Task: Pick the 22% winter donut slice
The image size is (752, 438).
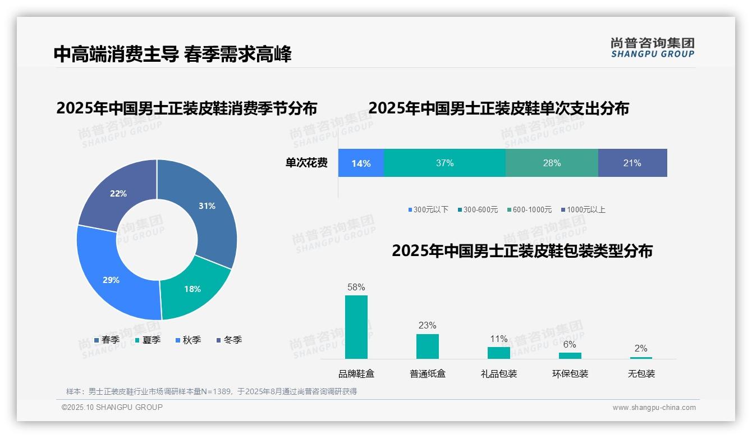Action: (x=118, y=193)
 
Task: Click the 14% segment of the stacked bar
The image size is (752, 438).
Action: (x=361, y=163)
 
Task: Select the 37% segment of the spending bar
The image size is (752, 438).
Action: (x=444, y=163)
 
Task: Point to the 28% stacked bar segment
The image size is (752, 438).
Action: (x=552, y=163)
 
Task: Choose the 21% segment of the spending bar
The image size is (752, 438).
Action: (x=632, y=163)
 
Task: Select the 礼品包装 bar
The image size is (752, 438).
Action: (x=499, y=353)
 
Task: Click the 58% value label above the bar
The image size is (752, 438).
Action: (x=356, y=287)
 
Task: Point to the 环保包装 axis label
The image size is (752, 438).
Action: (x=570, y=373)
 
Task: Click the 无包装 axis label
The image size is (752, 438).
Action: (x=641, y=373)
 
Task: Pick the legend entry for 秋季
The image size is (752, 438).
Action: (x=189, y=340)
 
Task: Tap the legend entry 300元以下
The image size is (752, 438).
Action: (x=428, y=209)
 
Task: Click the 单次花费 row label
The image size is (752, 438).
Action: (x=306, y=163)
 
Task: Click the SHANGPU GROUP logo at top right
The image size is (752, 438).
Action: (x=652, y=48)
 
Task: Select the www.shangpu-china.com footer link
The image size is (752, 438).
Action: (x=654, y=407)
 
